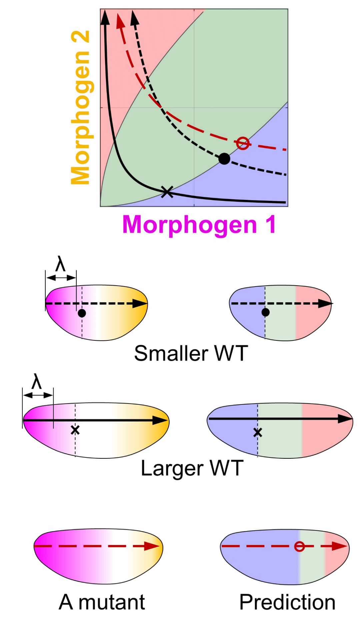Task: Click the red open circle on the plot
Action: click(243, 144)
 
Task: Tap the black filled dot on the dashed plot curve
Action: click(224, 159)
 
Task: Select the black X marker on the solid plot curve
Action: click(167, 192)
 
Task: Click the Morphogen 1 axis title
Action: click(199, 225)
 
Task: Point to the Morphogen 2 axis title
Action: click(80, 107)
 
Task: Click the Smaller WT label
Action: click(191, 353)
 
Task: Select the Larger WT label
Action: click(192, 468)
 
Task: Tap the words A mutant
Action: click(102, 602)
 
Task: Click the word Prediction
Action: click(287, 602)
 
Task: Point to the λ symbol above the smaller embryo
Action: click(60, 265)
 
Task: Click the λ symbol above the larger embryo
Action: click(36, 382)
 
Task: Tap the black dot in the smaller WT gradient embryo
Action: click(82, 313)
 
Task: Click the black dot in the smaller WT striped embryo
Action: click(265, 312)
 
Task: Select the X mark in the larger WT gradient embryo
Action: click(75, 430)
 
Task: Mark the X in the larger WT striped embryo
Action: click(257, 433)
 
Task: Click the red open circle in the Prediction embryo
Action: click(299, 546)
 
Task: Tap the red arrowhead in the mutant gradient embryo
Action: click(152, 546)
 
